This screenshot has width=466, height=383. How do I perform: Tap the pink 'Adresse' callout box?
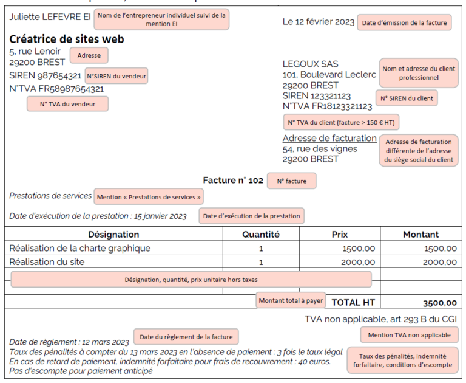[x=89, y=55]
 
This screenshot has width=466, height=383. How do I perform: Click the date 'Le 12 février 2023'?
[x=319, y=22]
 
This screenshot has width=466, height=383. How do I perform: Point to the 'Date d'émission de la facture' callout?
[x=404, y=23]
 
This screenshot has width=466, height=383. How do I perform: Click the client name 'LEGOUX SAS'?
[x=311, y=64]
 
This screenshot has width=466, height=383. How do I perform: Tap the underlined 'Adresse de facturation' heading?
[x=329, y=138]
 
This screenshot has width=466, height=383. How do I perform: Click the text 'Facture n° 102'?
[x=233, y=181]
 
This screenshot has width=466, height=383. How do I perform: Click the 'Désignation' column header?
[x=113, y=234]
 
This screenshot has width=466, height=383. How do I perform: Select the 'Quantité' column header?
[x=261, y=234]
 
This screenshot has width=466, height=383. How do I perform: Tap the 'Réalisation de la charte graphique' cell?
[x=80, y=248]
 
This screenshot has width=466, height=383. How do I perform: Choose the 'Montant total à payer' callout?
[x=291, y=300]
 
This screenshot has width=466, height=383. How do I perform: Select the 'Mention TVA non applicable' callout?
[x=409, y=335]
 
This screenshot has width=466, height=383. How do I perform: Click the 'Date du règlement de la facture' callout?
[x=186, y=337]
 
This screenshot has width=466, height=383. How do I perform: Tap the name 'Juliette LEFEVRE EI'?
[x=50, y=16]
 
